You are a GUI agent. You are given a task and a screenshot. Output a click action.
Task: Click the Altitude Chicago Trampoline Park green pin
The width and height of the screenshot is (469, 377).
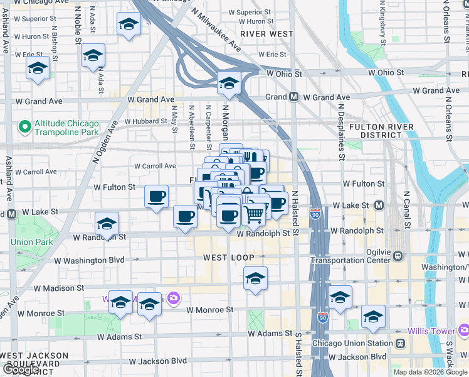pyautogui.click(x=25, y=128)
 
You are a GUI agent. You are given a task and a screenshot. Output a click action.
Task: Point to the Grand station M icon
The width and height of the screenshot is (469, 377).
pyautogui.click(x=293, y=97)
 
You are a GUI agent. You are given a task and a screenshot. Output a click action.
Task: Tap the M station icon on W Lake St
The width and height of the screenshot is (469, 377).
pyautogui.click(x=379, y=205)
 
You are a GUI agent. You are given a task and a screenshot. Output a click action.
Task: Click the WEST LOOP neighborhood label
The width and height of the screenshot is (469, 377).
pyautogui.click(x=228, y=258)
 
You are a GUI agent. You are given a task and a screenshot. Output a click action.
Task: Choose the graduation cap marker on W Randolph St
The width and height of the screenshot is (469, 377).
pyautogui.click(x=107, y=224)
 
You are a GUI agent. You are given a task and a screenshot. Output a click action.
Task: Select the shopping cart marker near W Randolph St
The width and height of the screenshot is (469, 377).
pyautogui.click(x=253, y=215)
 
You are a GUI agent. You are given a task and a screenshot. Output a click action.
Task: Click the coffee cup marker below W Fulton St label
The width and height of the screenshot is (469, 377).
pyautogui.click(x=156, y=196)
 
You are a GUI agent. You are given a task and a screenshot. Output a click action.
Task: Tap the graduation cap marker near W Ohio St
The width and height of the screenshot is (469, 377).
pyautogui.click(x=229, y=84)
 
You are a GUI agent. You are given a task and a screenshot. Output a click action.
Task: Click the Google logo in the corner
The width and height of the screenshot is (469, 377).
pyautogui.click(x=20, y=369)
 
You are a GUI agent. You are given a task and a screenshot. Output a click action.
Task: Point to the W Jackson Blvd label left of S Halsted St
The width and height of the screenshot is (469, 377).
pyautogui.click(x=157, y=361)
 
